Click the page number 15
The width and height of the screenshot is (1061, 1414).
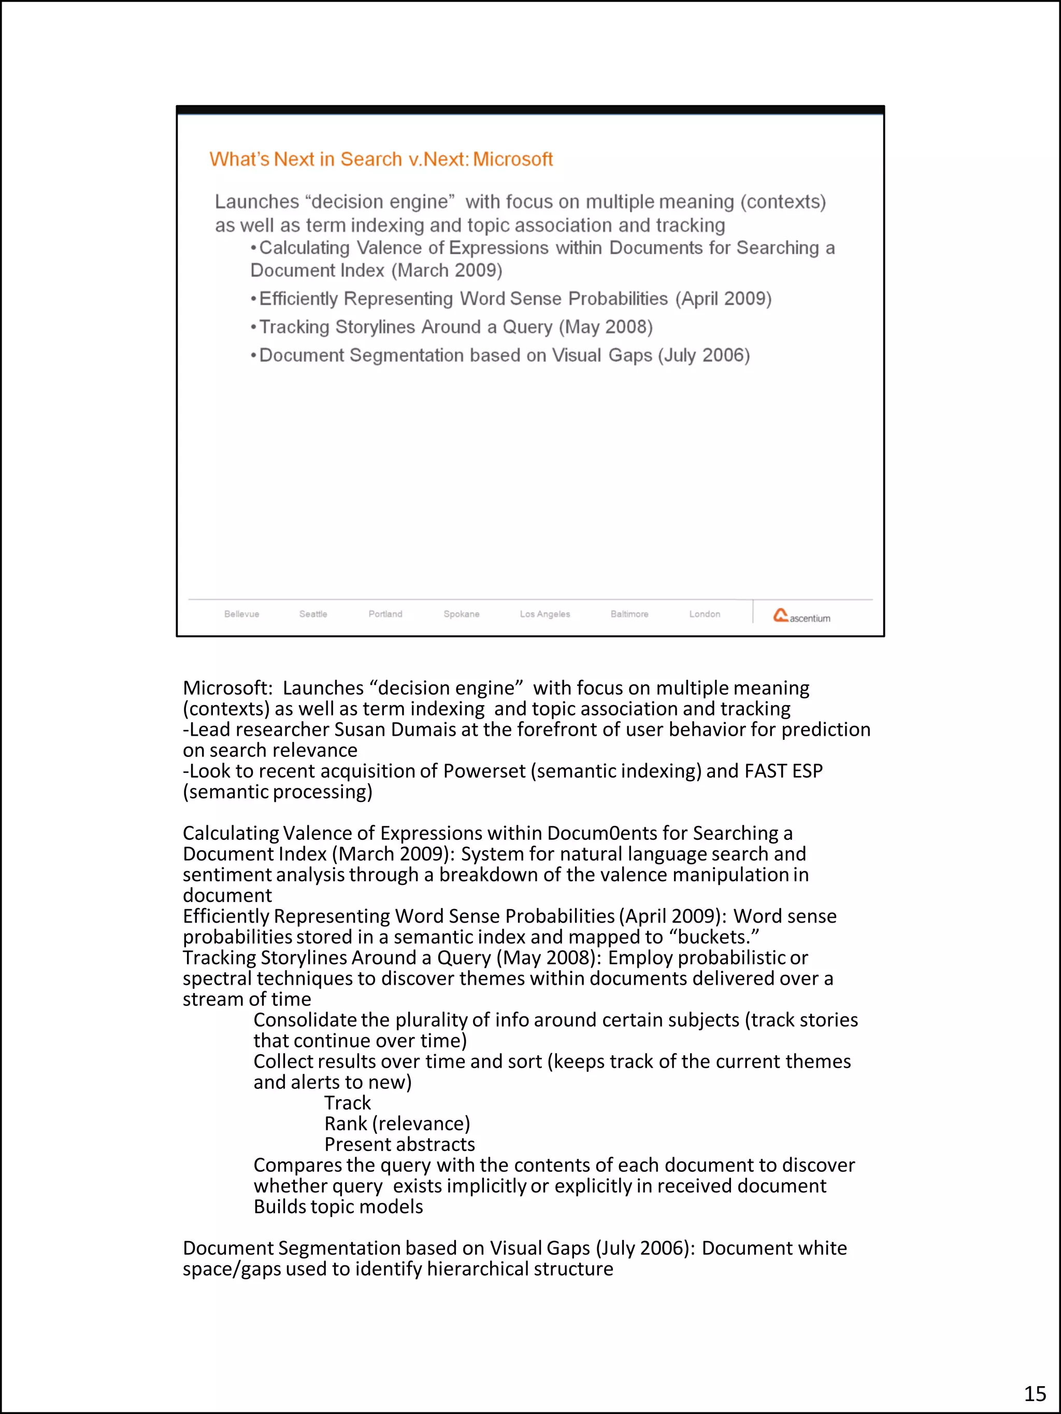[1035, 1393]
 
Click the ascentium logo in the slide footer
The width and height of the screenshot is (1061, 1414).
[801, 616]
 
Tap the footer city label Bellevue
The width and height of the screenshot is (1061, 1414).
[242, 614]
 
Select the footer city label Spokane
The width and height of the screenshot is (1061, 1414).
[461, 614]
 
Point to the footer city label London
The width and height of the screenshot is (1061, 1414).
[704, 614]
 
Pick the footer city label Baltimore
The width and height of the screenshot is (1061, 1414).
[629, 614]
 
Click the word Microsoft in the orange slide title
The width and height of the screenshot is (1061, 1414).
[512, 159]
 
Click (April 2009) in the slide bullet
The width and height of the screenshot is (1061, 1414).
[723, 299]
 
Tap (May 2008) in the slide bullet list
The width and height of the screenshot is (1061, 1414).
[606, 327]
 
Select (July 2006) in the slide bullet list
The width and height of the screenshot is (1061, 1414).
[704, 355]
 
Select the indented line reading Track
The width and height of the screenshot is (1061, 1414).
[347, 1103]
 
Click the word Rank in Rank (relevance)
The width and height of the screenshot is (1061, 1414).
[346, 1123]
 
